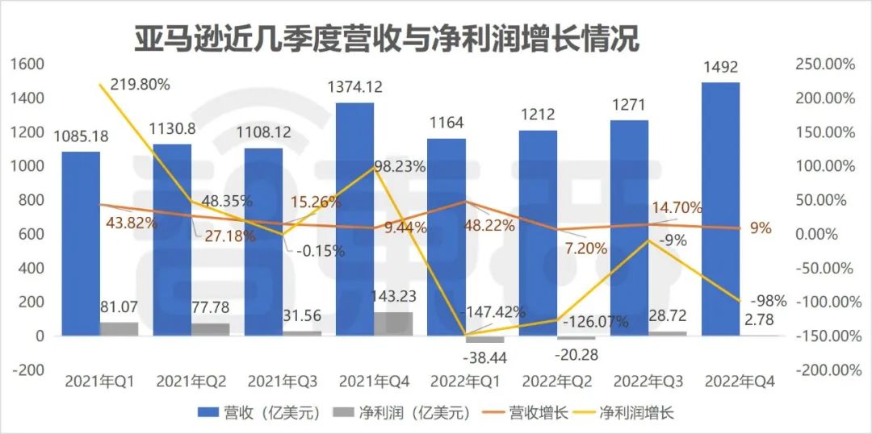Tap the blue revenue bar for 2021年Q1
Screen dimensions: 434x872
(x=81, y=242)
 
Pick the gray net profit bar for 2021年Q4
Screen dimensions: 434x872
(x=393, y=323)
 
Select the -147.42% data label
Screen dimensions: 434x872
(x=493, y=311)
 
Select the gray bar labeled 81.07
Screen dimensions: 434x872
(x=119, y=328)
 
